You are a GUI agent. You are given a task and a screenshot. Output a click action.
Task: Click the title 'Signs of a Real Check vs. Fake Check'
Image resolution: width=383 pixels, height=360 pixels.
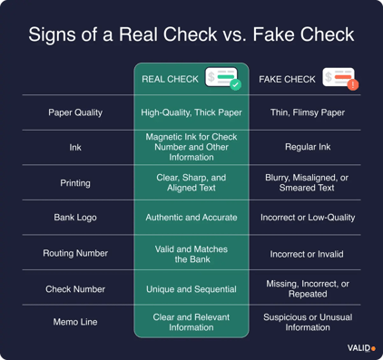(x=191, y=36)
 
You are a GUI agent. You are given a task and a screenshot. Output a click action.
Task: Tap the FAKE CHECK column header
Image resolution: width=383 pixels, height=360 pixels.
(x=287, y=80)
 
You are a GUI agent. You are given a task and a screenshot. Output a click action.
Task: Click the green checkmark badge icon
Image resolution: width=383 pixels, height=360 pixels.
(x=235, y=84)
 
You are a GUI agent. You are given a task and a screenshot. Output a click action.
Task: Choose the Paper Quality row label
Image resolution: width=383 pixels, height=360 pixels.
(x=75, y=112)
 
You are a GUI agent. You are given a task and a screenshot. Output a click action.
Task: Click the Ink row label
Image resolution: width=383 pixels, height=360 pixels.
(x=75, y=147)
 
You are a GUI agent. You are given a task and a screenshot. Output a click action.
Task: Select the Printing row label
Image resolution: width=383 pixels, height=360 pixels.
(x=75, y=182)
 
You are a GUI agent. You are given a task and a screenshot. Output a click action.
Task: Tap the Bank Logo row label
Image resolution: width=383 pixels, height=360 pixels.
(x=75, y=218)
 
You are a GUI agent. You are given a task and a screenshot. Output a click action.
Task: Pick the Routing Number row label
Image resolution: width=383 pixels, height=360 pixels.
(x=75, y=253)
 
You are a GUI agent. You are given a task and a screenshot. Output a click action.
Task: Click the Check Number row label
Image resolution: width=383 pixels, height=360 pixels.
(x=75, y=288)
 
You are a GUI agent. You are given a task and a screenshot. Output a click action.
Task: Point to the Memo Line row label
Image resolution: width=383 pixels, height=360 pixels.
(x=75, y=323)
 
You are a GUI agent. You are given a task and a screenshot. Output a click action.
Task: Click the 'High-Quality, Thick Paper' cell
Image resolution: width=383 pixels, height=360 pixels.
(x=191, y=112)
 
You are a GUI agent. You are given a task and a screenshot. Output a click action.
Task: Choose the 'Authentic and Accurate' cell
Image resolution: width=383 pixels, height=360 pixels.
(x=191, y=218)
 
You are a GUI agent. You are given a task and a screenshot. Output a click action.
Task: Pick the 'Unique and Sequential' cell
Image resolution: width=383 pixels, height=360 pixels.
(x=191, y=288)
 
